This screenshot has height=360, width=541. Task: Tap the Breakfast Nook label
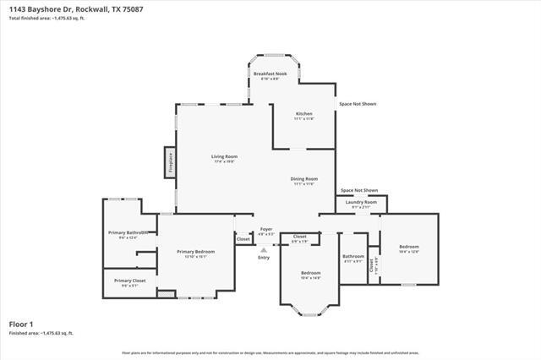pyautogui.click(x=271, y=74)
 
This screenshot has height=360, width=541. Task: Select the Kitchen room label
pyautogui.click(x=303, y=114)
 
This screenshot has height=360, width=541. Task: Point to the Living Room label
pyautogui.click(x=224, y=156)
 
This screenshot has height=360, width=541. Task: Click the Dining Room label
pyautogui.click(x=304, y=179)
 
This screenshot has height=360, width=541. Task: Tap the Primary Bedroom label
pyautogui.click(x=195, y=252)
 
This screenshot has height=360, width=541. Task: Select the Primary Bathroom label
pyautogui.click(x=128, y=232)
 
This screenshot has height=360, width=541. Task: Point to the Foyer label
pyautogui.click(x=265, y=229)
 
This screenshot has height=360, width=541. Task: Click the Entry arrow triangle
pyautogui.click(x=265, y=250)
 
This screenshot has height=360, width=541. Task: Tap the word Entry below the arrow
pyautogui.click(x=265, y=259)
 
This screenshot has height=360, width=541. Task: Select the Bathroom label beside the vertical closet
pyautogui.click(x=353, y=256)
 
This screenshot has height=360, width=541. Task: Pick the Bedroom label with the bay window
pyautogui.click(x=311, y=273)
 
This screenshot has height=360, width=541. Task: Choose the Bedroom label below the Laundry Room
pyautogui.click(x=409, y=247)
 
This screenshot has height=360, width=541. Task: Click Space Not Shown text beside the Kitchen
pyautogui.click(x=358, y=104)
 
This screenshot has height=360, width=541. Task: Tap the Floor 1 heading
pyautogui.click(x=21, y=324)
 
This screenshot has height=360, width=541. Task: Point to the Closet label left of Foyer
pyautogui.click(x=243, y=239)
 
